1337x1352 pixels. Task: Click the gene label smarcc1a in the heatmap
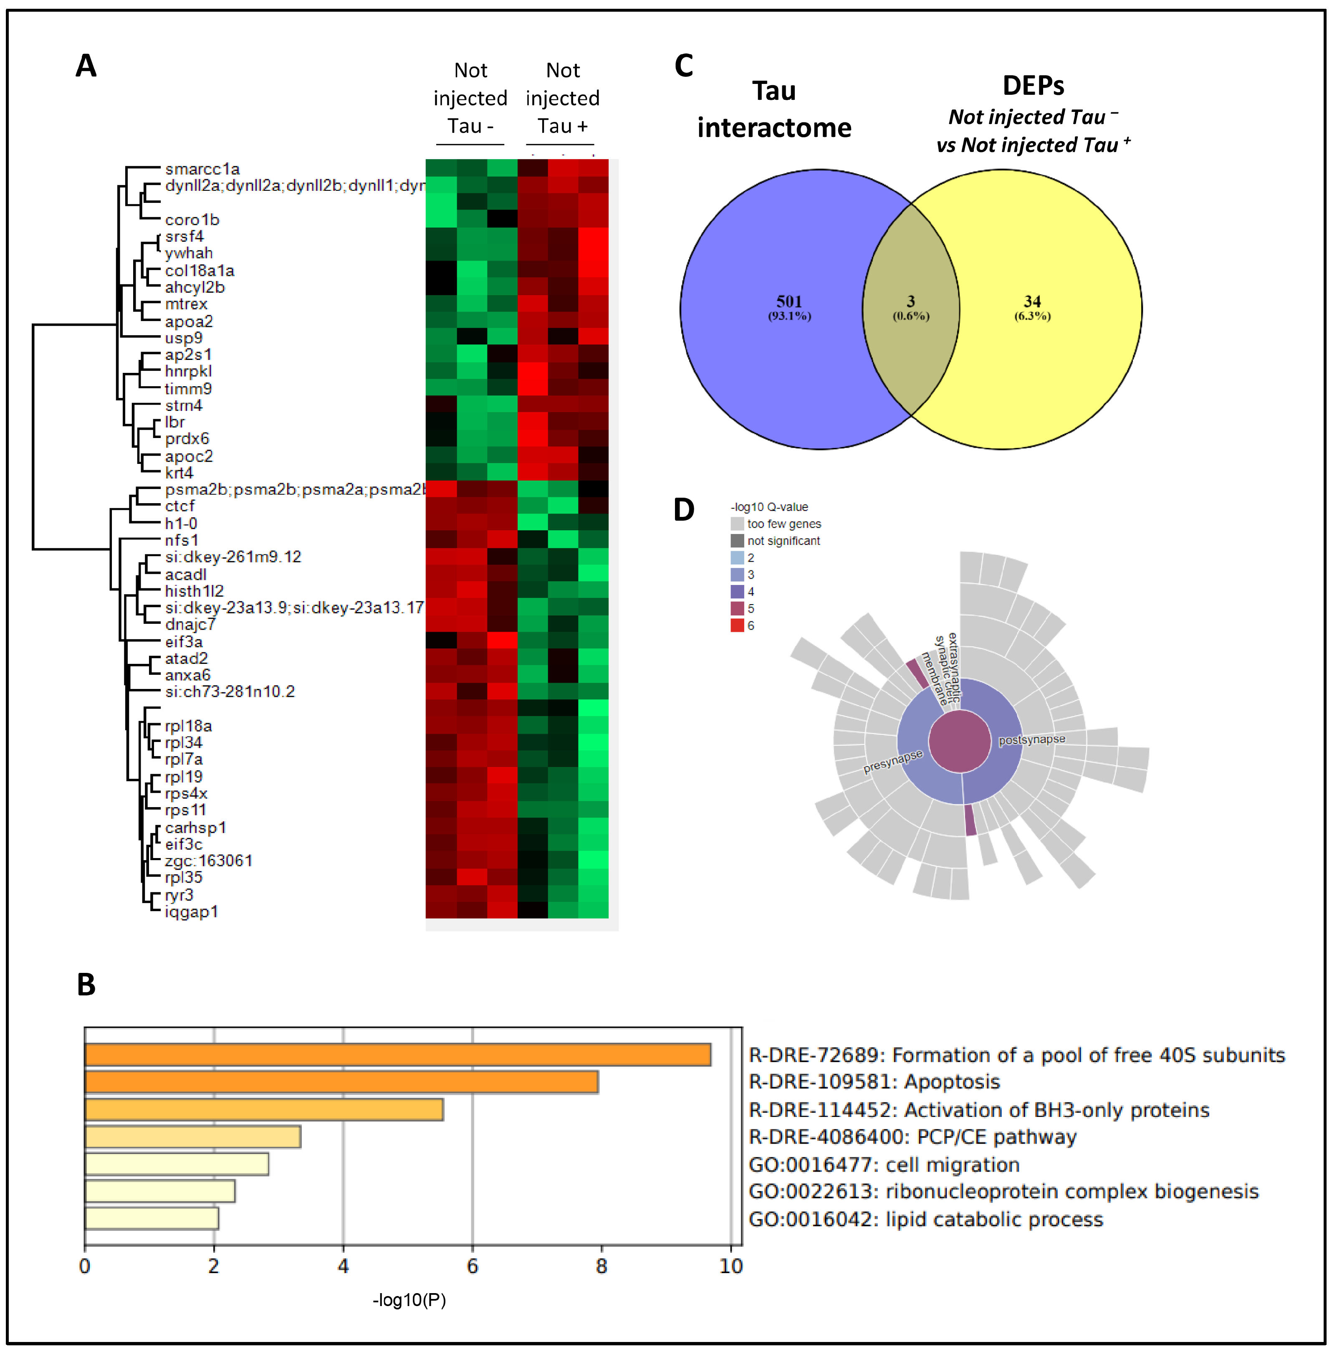point(202,170)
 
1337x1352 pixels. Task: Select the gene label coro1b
point(192,220)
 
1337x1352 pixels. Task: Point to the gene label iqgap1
point(191,912)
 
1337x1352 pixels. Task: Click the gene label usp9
point(183,338)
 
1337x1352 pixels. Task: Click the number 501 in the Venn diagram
point(789,301)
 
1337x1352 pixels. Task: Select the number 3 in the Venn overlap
point(910,301)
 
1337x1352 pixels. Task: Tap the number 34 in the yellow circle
point(1032,301)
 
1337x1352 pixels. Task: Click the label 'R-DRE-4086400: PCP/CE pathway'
point(912,1137)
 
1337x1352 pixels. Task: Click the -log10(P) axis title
point(409,1300)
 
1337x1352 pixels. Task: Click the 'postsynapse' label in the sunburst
point(1031,740)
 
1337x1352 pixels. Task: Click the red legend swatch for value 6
point(737,625)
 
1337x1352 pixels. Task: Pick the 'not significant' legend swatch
point(737,541)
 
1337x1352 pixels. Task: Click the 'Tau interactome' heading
point(774,109)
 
